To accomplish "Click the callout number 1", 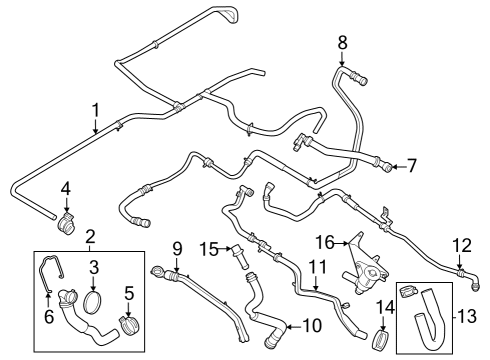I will tap(95, 109).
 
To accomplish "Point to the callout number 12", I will tap(461, 244).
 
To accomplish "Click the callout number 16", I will tap(325, 241).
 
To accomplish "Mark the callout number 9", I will tap(176, 248).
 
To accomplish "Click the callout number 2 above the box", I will tap(89, 236).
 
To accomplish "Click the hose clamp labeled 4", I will tap(67, 217).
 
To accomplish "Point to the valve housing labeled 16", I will tap(363, 265).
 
